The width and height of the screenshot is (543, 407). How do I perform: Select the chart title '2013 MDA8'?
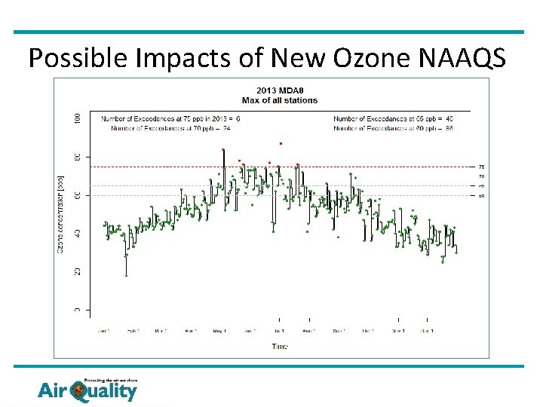coord(279,91)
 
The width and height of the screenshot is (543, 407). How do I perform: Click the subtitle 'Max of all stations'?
coord(279,100)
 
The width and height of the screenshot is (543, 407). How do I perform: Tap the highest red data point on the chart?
coord(281,142)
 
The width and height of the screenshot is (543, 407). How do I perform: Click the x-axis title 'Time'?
coord(279,346)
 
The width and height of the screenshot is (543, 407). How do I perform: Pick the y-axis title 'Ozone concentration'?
coord(62,213)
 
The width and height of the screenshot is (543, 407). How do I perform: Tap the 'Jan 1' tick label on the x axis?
coord(104,330)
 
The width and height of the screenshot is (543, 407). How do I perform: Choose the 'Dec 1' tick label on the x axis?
coord(427,330)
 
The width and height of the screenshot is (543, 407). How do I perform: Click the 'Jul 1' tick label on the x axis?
coord(280,330)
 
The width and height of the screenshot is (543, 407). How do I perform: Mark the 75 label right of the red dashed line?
coord(481,167)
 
